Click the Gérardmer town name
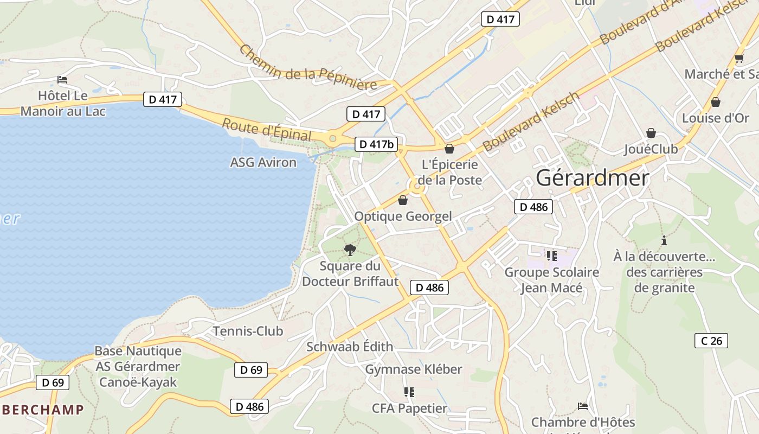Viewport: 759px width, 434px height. pyautogui.click(x=593, y=178)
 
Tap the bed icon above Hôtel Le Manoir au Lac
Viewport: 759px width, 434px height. pyautogui.click(x=62, y=80)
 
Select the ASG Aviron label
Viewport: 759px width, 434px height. pyautogui.click(x=263, y=162)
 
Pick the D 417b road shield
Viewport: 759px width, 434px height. pyautogui.click(x=376, y=144)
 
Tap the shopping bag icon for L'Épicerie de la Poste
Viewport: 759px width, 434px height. pyautogui.click(x=449, y=149)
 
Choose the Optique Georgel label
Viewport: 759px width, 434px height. pyautogui.click(x=403, y=216)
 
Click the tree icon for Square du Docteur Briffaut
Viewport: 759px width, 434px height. pyautogui.click(x=350, y=250)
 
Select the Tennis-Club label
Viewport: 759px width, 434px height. pyautogui.click(x=248, y=331)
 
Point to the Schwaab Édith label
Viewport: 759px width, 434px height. pyautogui.click(x=350, y=347)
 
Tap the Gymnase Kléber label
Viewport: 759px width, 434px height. pyautogui.click(x=414, y=369)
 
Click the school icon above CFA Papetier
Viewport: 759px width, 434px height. pyautogui.click(x=409, y=392)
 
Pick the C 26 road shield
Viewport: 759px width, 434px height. pyautogui.click(x=711, y=341)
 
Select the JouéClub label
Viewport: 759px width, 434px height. pyautogui.click(x=651, y=149)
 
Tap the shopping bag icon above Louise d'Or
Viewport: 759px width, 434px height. pyautogui.click(x=716, y=102)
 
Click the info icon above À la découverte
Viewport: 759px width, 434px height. pyautogui.click(x=664, y=240)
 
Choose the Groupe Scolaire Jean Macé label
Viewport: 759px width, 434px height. pyautogui.click(x=552, y=280)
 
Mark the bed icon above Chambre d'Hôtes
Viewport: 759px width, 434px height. pyautogui.click(x=583, y=406)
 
